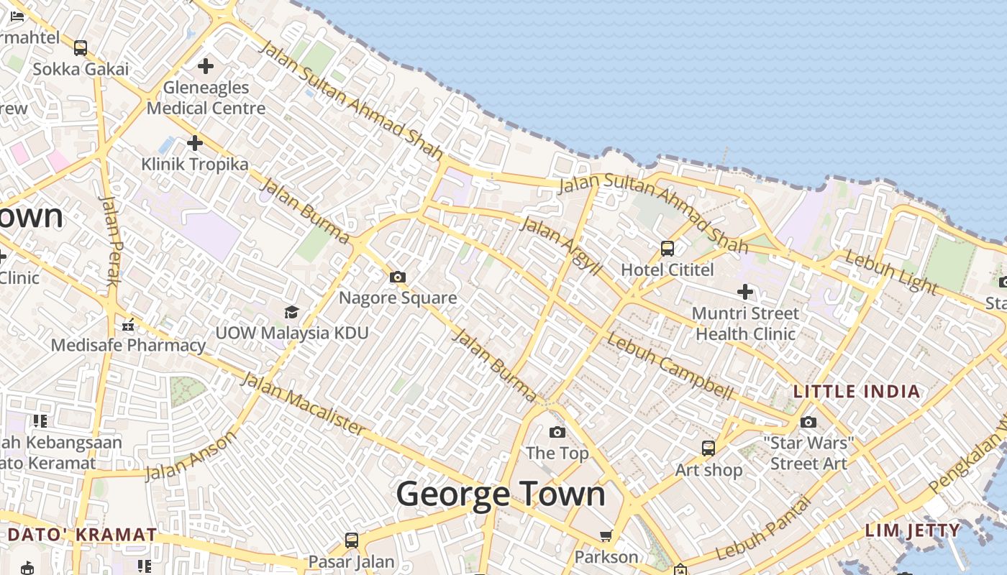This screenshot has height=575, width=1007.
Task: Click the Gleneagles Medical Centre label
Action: pos(206,98)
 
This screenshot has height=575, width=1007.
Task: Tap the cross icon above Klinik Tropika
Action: pos(194,143)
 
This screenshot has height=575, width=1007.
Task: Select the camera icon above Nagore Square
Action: pos(397,277)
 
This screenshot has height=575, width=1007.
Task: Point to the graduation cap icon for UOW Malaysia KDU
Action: pos(291,312)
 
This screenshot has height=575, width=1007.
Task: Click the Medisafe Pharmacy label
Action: pos(128,345)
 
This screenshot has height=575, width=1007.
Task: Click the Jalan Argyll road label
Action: pos(560,245)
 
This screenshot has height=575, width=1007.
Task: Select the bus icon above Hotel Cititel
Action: pos(667,249)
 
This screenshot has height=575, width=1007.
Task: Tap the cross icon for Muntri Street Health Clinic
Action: pos(745,292)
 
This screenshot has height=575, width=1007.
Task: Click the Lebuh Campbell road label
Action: pos(670,367)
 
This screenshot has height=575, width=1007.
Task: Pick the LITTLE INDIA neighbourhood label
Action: pos(856,392)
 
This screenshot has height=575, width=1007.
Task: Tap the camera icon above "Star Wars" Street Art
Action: pos(808,422)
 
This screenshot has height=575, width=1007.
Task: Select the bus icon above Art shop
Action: pos(708,448)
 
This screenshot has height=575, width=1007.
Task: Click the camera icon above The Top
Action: pos(557,432)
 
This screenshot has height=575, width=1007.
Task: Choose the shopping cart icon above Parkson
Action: pos(606,535)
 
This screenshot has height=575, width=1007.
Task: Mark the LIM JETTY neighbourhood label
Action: pos(912,531)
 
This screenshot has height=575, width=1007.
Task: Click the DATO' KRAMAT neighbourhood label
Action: pos(83,535)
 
